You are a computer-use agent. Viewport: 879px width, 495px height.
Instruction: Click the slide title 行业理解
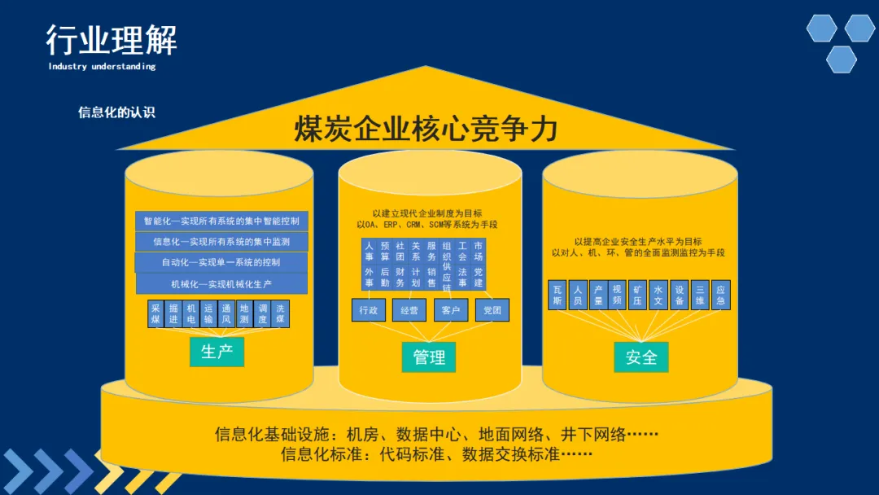tap(112, 40)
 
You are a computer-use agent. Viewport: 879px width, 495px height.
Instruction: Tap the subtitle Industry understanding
tap(102, 67)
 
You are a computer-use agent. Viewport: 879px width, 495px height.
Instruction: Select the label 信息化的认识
tap(116, 112)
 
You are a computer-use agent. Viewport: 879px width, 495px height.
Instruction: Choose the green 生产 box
tap(216, 351)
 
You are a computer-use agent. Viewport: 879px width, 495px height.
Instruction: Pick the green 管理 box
tap(429, 357)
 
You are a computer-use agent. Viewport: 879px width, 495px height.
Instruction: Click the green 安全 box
tap(641, 357)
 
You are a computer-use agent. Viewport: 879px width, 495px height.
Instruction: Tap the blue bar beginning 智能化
tap(221, 221)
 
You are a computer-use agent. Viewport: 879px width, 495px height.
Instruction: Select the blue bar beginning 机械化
tap(221, 284)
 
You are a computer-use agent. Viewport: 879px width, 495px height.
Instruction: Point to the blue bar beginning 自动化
tap(221, 263)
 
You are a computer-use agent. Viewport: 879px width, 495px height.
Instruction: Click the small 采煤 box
tap(156, 314)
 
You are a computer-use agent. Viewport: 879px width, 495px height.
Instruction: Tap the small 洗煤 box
tap(280, 314)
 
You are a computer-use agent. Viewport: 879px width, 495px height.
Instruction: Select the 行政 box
tap(369, 310)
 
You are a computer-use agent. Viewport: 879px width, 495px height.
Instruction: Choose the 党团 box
tap(492, 310)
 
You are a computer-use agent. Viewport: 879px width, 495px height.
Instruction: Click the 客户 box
tap(451, 310)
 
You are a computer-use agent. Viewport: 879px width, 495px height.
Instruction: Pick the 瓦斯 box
tap(558, 295)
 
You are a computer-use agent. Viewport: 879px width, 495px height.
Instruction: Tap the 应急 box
tap(720, 295)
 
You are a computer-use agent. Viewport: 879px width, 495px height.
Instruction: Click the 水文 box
tap(659, 295)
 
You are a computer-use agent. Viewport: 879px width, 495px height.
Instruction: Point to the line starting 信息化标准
tap(436, 454)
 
